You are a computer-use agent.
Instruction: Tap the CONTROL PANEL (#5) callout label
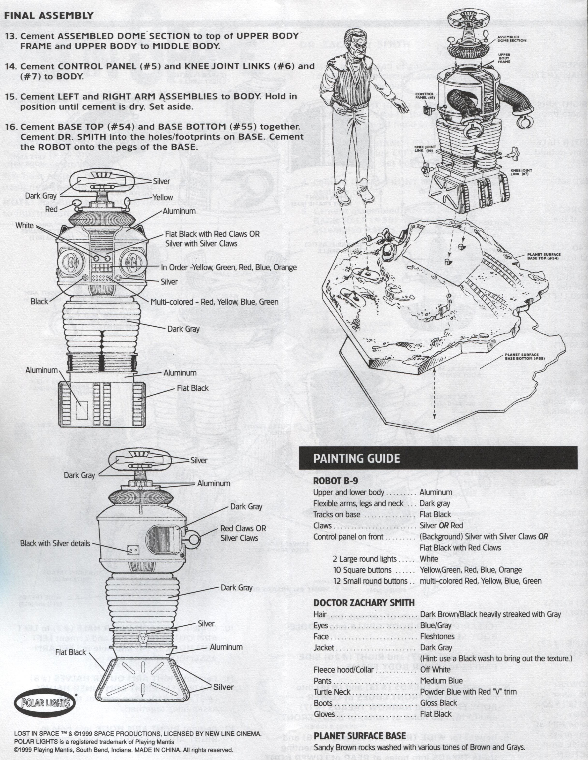[424, 96]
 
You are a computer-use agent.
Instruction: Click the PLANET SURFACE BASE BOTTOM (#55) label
[525, 357]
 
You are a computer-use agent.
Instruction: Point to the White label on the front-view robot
[25, 225]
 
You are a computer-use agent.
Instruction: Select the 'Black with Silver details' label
[55, 544]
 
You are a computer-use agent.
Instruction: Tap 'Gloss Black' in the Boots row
[439, 703]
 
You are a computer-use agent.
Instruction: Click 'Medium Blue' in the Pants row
[441, 681]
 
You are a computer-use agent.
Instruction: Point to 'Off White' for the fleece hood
[435, 669]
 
